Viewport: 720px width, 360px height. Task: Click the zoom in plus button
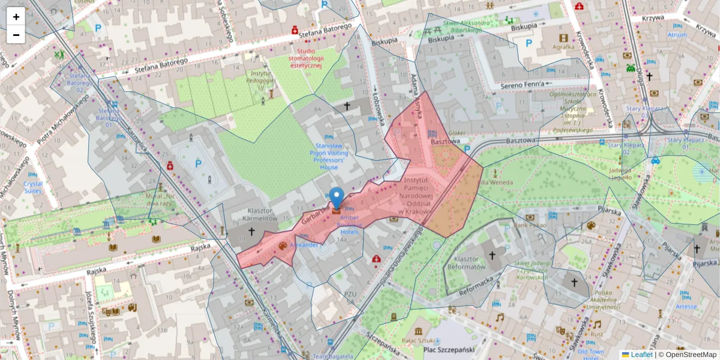pos(16,17)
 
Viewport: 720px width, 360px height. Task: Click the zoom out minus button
pos(16,35)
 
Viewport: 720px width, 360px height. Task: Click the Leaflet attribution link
pos(641,355)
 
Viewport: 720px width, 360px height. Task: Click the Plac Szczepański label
pos(449,349)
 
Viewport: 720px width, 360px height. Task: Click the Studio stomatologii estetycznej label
pos(307,58)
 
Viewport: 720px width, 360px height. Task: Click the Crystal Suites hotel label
pos(33,187)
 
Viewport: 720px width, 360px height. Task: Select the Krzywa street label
pos(652,17)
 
